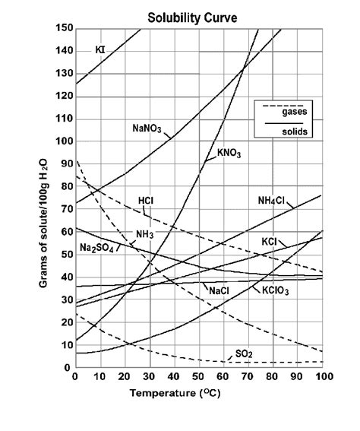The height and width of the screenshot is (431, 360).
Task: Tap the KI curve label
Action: coord(100,50)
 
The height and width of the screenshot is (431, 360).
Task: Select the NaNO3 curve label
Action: coord(147,128)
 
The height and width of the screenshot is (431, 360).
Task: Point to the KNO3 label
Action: coord(229,154)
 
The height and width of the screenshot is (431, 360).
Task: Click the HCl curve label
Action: coord(147,201)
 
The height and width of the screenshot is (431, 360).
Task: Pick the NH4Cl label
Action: coord(271,201)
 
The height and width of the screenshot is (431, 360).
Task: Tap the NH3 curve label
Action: coord(144,234)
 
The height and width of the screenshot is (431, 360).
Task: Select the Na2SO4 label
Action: coord(96,249)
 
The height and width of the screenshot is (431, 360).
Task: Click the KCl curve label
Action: coord(270,241)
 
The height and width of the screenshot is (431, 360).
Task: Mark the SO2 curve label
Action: coord(244,353)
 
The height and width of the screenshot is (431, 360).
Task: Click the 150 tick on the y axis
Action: coord(64,28)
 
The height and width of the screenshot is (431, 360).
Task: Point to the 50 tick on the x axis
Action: coord(199,377)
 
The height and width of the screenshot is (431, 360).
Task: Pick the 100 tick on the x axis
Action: coord(322,377)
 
